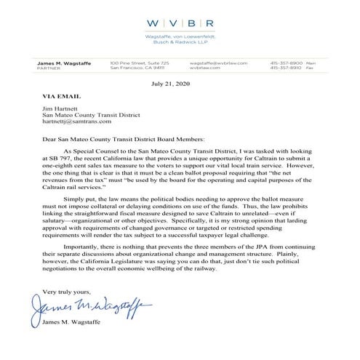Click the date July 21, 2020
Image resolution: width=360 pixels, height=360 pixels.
[180, 84]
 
